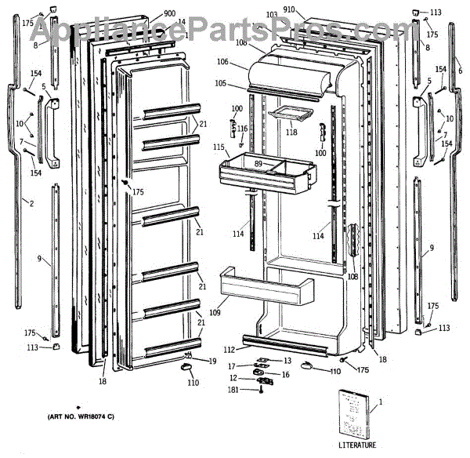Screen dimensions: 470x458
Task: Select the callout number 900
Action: click(x=169, y=14)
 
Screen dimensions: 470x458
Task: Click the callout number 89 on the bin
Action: click(x=259, y=162)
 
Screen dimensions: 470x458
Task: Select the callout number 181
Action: click(x=234, y=390)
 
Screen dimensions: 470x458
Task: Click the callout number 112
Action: click(x=229, y=349)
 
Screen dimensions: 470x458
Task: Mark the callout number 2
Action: click(x=31, y=204)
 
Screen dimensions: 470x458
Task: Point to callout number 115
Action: click(x=219, y=147)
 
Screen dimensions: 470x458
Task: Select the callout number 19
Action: click(x=212, y=361)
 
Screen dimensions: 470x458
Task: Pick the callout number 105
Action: click(x=222, y=83)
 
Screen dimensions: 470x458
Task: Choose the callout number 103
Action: click(x=271, y=15)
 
